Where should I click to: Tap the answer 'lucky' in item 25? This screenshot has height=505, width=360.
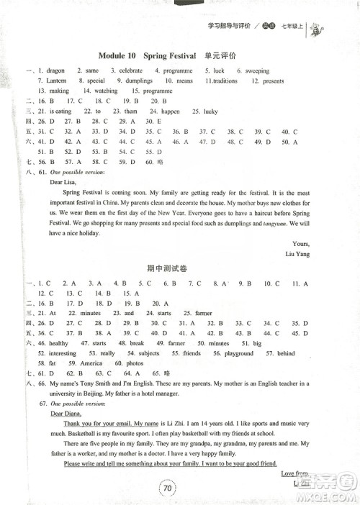tap(210, 112)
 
